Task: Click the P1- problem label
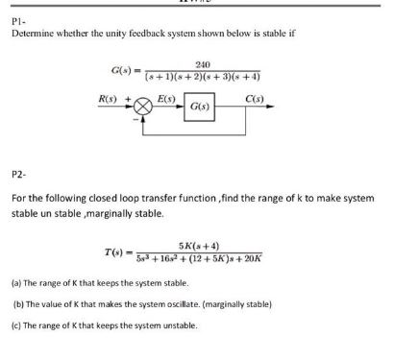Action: click(x=17, y=20)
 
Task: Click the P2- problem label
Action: click(x=17, y=176)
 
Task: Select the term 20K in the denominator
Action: click(x=255, y=259)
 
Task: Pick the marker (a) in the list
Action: click(x=17, y=284)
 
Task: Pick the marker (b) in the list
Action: click(x=18, y=304)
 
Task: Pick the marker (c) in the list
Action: click(x=17, y=324)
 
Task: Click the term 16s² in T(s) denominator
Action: click(x=176, y=259)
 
